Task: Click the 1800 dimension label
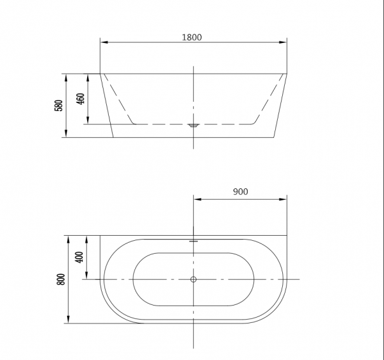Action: click(192, 37)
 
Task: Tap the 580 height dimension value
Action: click(58, 106)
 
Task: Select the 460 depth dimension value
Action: click(81, 99)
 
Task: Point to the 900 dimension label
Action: click(241, 192)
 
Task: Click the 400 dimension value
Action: click(79, 258)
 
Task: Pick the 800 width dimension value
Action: click(61, 279)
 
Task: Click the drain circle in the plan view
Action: click(193, 279)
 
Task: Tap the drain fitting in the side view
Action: click(193, 126)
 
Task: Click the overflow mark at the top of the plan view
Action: click(193, 241)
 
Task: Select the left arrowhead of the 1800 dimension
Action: click(104, 42)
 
